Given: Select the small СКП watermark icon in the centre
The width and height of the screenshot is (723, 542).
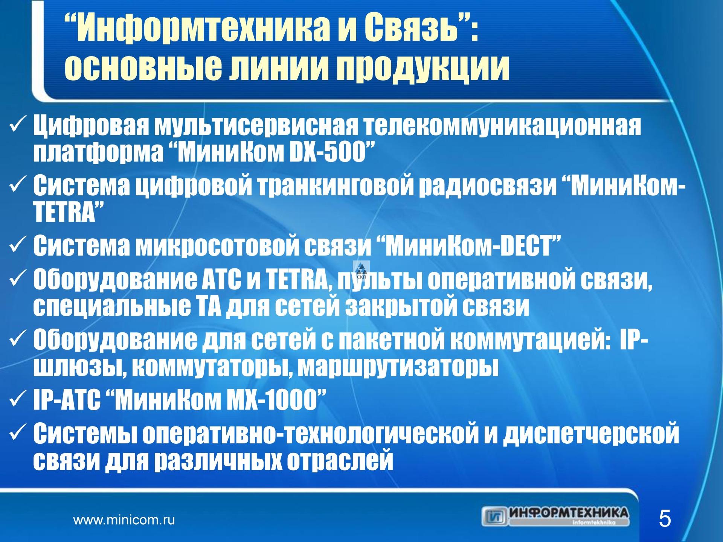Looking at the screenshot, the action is [361, 269].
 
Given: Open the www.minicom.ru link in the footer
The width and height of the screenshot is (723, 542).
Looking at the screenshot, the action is [124, 521].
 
